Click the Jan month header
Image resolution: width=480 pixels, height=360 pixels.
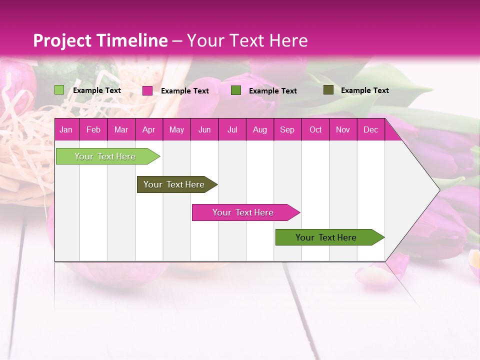coord(66,129)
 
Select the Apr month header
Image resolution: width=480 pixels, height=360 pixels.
coord(148,129)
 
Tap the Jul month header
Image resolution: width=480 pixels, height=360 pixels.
coord(232,129)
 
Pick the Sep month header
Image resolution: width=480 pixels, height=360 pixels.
coord(287,129)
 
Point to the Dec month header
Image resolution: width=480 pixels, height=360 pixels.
coord(370,129)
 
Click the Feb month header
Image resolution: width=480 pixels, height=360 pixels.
coord(93,129)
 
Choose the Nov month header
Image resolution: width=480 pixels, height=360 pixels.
coord(342,129)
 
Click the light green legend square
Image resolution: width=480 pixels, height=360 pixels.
coord(59,90)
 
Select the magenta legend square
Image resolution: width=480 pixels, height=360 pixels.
coord(147,90)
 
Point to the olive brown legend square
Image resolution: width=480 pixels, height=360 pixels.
coord(328,90)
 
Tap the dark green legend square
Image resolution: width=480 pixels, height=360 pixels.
coord(236,90)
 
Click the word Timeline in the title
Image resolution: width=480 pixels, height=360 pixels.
coord(132,40)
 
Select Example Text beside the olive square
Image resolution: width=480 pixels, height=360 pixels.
coord(364,90)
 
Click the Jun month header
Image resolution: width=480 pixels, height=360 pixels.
coord(204,129)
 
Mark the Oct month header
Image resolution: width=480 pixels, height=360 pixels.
coord(315,129)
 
